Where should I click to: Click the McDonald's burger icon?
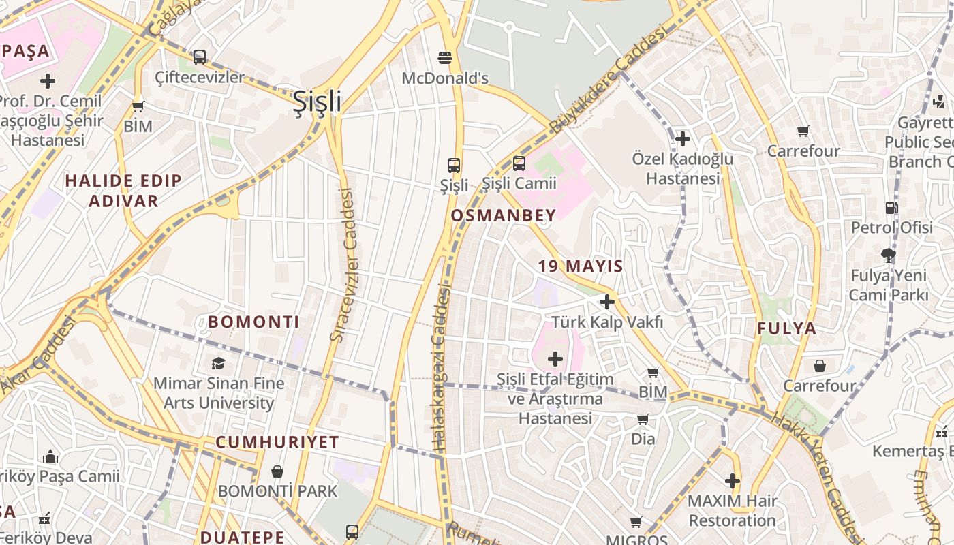[x=445, y=58]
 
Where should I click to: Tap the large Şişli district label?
[x=317, y=102]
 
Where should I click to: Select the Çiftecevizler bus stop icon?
[x=199, y=57]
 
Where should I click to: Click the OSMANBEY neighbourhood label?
[x=504, y=215]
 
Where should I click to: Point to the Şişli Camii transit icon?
[x=519, y=163]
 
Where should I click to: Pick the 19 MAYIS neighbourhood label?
[x=581, y=266]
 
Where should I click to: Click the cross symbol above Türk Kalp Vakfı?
[x=607, y=302]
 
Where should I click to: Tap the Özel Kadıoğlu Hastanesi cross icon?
[x=682, y=140]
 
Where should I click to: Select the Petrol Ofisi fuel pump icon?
[x=891, y=208]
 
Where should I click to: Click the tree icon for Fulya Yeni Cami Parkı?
[x=888, y=256]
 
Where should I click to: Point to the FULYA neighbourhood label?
[x=786, y=328]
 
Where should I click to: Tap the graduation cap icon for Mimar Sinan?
[x=218, y=363]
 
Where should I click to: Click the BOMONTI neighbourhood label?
[x=253, y=322]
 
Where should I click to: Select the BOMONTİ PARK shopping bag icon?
[x=277, y=471]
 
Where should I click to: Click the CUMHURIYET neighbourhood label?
[x=277, y=442]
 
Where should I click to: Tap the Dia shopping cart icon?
[x=643, y=420]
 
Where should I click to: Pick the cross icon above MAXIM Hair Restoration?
[x=733, y=482]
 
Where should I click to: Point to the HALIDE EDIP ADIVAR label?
[x=123, y=191]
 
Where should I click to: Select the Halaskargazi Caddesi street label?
[x=441, y=368]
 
